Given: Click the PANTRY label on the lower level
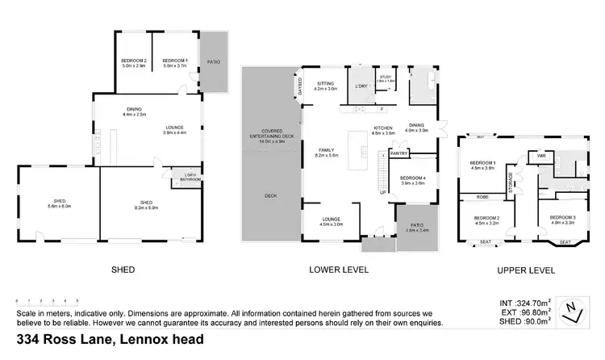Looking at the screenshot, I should pos(398,153).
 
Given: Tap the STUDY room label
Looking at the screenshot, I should pos(386,78).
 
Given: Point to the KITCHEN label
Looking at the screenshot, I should pos(383,129).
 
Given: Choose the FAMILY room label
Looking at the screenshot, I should pos(326,151).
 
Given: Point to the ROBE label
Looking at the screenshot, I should pos(481,197).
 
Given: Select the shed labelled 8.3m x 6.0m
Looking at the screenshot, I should pos(146,204).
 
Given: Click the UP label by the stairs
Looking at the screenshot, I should pos(382,193).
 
